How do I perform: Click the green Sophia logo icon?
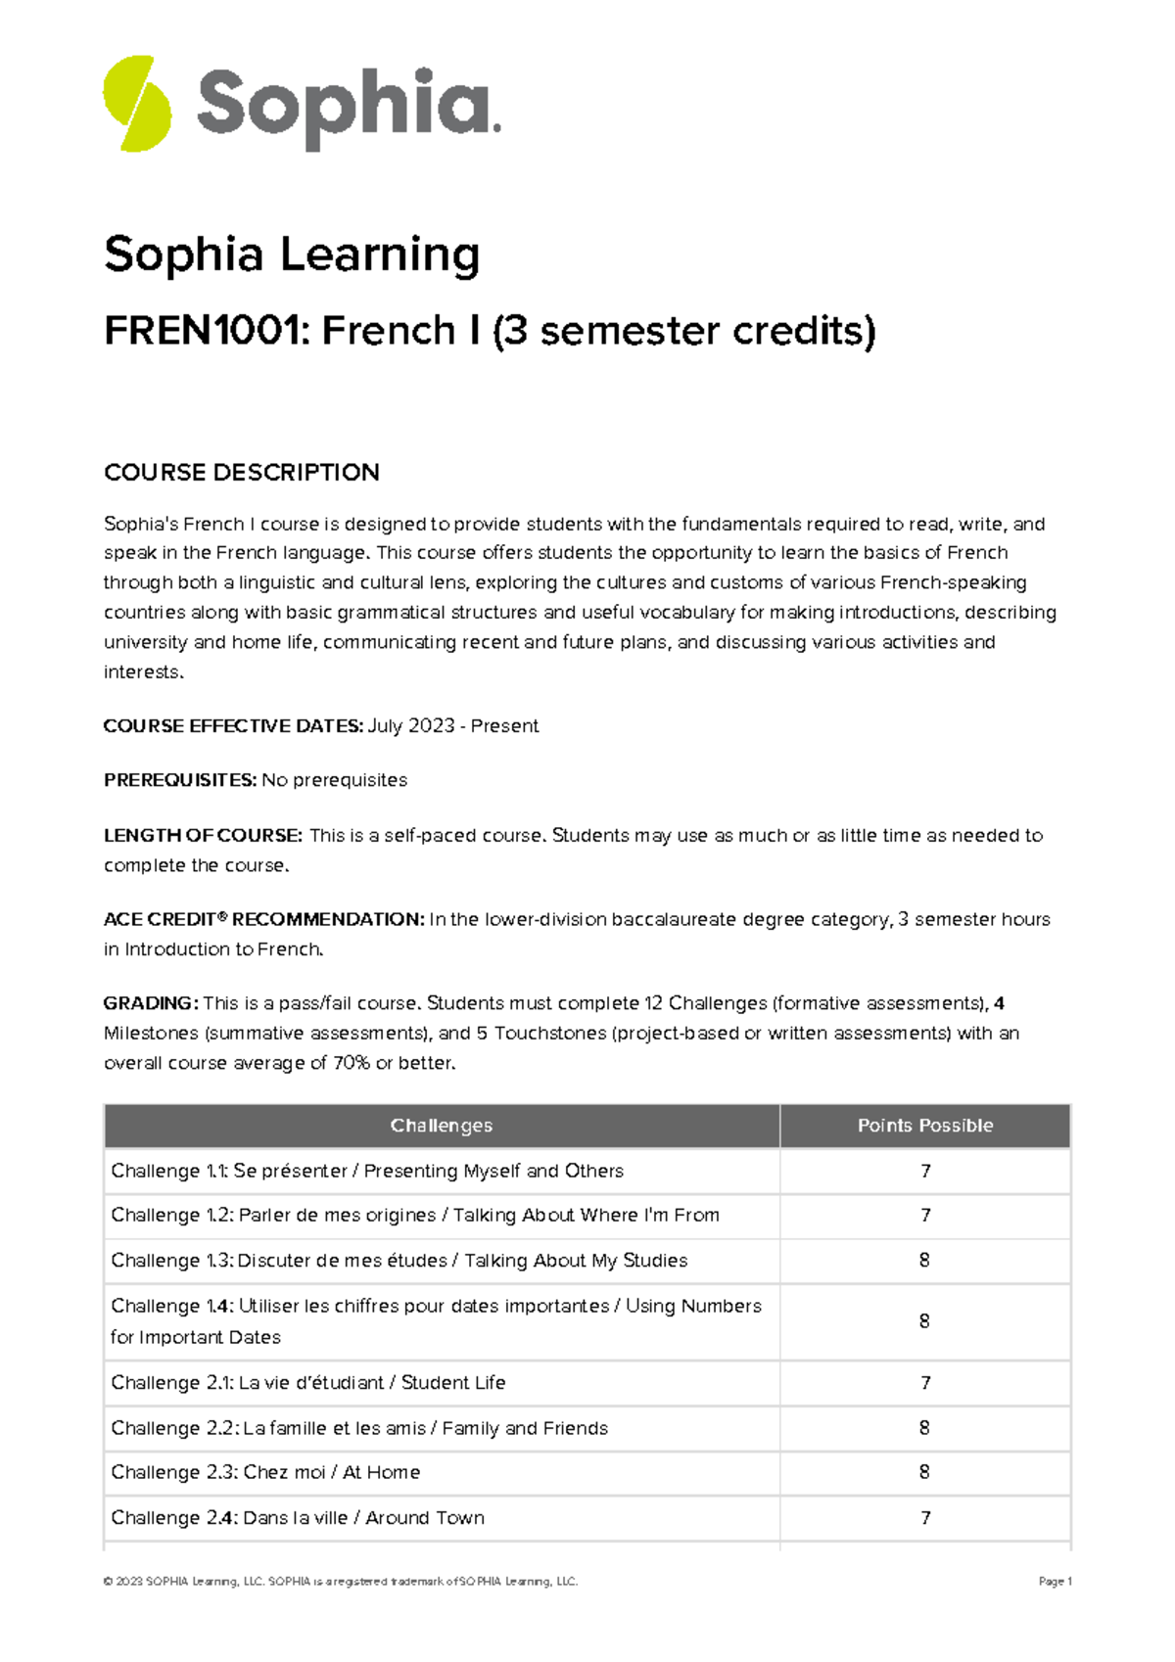click(137, 104)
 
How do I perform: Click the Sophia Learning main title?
click(292, 254)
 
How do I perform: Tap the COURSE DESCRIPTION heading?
click(241, 473)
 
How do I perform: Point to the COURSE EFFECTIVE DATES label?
click(233, 726)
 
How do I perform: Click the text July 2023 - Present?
click(453, 726)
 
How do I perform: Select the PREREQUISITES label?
click(180, 780)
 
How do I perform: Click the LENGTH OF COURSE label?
click(203, 836)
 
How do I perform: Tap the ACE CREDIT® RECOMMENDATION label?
click(263, 920)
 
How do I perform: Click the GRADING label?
click(151, 1003)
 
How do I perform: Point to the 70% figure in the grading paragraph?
click(352, 1063)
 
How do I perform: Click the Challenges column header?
click(441, 1126)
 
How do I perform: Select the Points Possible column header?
click(924, 1126)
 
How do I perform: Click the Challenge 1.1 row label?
click(366, 1171)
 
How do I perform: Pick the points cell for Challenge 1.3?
click(924, 1261)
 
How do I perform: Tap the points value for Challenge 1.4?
click(924, 1321)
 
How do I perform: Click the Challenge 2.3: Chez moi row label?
click(265, 1472)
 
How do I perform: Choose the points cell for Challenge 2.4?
click(924, 1518)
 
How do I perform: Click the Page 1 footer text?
click(1055, 1581)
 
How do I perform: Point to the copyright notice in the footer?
click(340, 1581)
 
